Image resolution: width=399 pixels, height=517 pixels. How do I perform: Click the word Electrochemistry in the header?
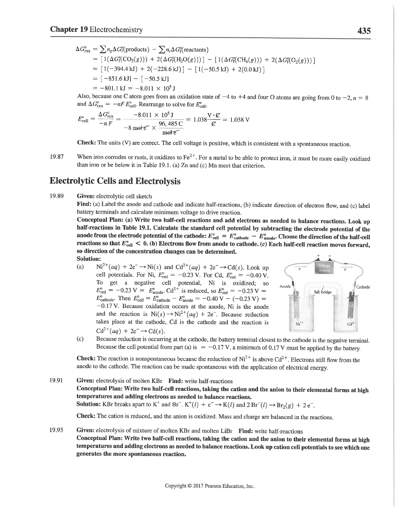click(x=116, y=30)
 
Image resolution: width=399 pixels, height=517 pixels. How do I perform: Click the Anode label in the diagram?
click(x=286, y=286)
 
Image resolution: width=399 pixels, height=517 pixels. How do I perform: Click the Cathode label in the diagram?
click(x=363, y=287)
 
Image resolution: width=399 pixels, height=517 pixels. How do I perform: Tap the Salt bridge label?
click(x=322, y=292)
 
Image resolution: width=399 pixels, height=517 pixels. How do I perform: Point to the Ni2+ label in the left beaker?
click(x=298, y=324)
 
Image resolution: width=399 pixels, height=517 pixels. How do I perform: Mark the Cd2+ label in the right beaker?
click(x=351, y=324)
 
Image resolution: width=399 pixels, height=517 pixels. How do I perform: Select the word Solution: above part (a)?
click(x=88, y=259)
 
